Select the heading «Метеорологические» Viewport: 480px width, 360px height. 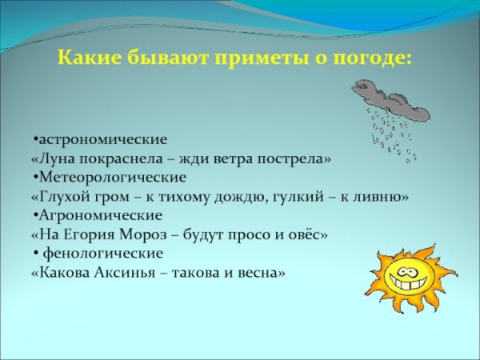[x=112, y=177]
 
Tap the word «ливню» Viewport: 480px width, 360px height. [x=386, y=196]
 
